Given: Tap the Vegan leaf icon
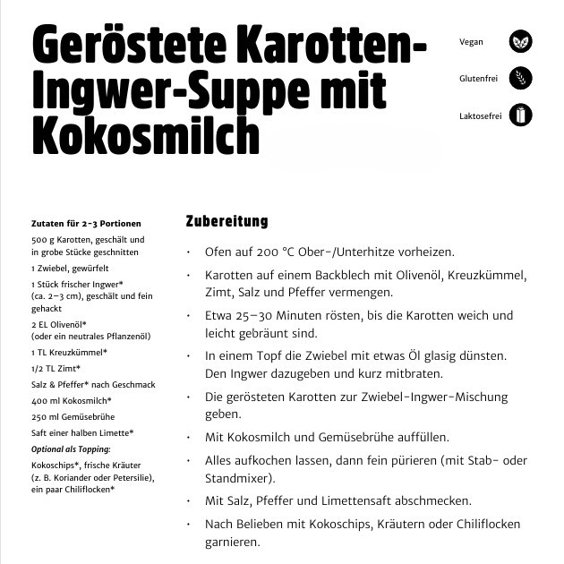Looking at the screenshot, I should coord(520,41).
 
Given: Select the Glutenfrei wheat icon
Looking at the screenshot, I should coord(520,78).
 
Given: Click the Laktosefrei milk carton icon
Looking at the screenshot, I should coord(520,115).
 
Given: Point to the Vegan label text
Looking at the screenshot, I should coord(471,42).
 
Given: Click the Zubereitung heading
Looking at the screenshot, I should coord(226,221).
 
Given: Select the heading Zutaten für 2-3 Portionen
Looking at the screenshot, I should coord(86,224).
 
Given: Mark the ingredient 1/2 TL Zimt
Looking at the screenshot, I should coord(56,368).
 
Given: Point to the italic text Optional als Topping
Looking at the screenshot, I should coord(71,449).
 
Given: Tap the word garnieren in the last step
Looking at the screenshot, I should coord(232,543).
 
